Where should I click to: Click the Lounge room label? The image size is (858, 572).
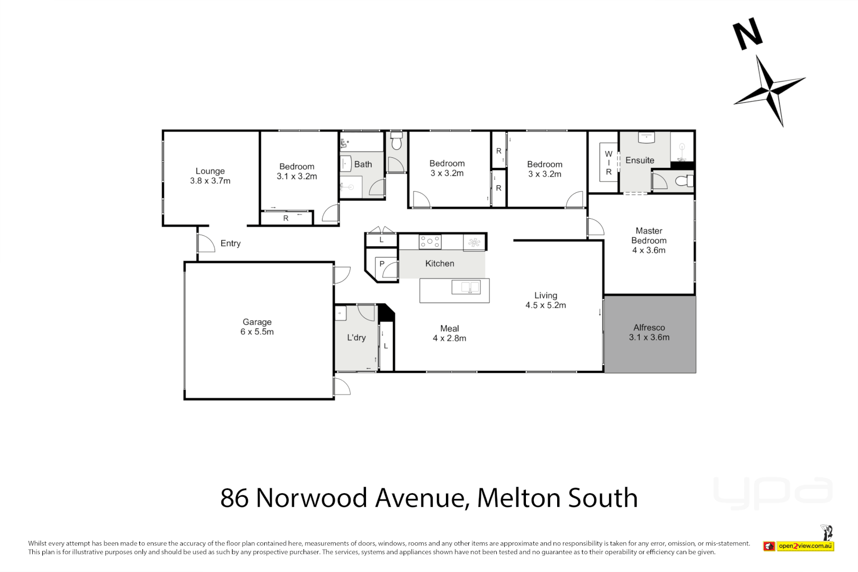[x=210, y=176]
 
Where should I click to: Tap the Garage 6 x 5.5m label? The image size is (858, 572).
[x=257, y=327]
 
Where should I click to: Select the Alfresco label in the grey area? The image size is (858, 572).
[x=649, y=332]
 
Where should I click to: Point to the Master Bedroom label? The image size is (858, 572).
[x=649, y=240]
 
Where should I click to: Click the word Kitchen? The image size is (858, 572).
[x=440, y=264]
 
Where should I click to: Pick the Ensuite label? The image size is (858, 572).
[x=640, y=160]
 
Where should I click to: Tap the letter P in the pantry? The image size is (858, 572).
[x=382, y=264]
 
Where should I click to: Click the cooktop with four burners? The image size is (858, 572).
[x=430, y=242]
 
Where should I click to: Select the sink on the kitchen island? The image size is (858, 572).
[x=466, y=288]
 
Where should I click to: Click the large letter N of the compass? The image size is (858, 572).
[x=747, y=34]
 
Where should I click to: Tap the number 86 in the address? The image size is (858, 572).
[x=234, y=498]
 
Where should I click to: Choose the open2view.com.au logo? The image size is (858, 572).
[x=799, y=546]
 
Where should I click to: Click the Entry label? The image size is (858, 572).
[x=230, y=244]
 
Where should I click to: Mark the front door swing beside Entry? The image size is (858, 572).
[x=205, y=243]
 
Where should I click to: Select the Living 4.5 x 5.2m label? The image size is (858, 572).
[x=546, y=300]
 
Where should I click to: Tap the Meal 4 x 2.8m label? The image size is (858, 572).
[x=449, y=333]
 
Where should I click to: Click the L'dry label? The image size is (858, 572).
[x=356, y=338]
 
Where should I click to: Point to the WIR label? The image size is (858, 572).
[x=609, y=163]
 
